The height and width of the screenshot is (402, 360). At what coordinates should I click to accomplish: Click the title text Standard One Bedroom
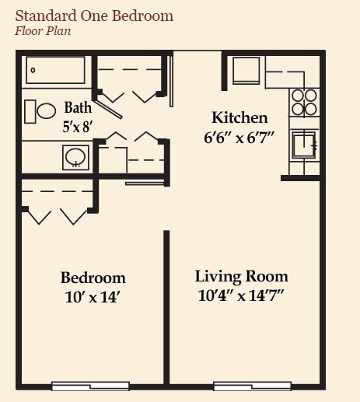(94, 16)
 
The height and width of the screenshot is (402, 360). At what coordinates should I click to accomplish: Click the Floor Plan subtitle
(43, 31)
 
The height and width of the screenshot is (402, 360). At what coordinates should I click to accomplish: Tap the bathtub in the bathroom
(55, 70)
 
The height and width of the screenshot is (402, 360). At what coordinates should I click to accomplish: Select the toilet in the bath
(41, 110)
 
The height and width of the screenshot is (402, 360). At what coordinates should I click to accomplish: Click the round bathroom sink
(75, 158)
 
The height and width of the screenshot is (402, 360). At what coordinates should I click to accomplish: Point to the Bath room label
(77, 108)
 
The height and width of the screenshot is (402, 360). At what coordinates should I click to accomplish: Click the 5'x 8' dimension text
(77, 124)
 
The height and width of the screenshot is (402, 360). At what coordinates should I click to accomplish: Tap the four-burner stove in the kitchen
(304, 103)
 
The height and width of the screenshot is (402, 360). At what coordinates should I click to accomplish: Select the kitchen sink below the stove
(303, 145)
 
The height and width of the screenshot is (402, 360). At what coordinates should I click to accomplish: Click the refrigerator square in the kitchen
(247, 69)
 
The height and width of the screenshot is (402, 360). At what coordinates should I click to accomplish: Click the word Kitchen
(239, 118)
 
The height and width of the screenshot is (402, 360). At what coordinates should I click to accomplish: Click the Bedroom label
(93, 278)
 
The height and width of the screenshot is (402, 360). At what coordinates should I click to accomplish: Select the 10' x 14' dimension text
(93, 296)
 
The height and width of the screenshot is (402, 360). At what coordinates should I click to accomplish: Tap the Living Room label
(241, 277)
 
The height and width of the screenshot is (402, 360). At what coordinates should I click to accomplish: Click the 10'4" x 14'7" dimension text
(241, 295)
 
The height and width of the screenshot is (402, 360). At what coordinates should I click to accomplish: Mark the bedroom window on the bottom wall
(91, 386)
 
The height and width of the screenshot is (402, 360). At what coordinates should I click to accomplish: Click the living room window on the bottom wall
(252, 386)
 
